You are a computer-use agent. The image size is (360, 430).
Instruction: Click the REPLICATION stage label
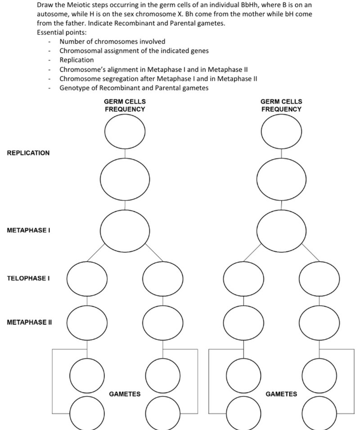pos(28,153)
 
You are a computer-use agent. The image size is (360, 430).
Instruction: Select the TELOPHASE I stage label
pos(28,278)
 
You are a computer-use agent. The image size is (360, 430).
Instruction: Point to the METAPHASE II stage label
pos(29,322)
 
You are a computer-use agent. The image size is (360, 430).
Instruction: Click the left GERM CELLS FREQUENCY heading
pos(125,105)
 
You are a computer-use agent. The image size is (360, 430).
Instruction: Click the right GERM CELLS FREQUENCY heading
pos(281,105)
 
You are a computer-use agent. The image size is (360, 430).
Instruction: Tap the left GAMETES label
pos(125,394)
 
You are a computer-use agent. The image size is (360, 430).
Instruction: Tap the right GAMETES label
pos(281,394)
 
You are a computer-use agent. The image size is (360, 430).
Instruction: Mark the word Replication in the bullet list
pos(76,60)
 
